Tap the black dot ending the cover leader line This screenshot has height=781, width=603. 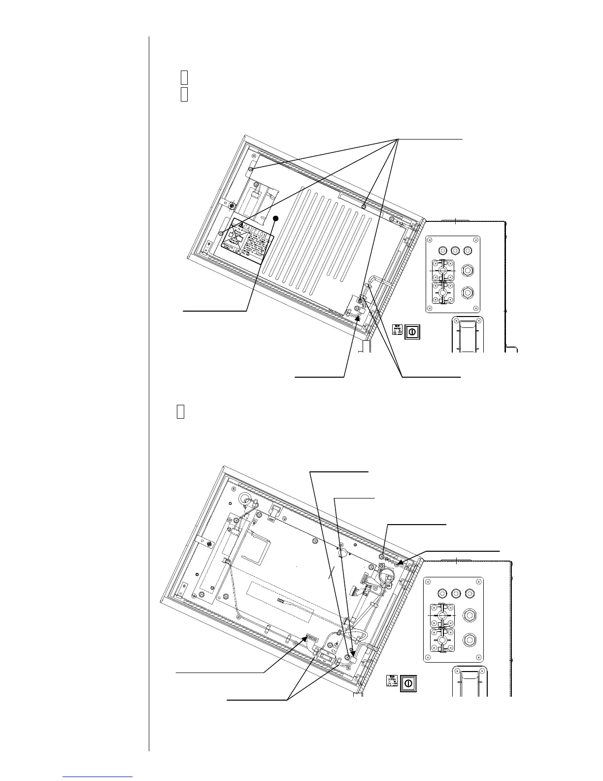[276, 218]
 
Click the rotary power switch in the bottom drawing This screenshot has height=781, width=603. [407, 682]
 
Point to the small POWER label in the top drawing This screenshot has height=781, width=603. [397, 329]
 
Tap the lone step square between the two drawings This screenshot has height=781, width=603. [180, 412]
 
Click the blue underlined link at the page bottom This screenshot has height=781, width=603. [98, 776]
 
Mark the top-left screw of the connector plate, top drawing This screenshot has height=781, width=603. [429, 240]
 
